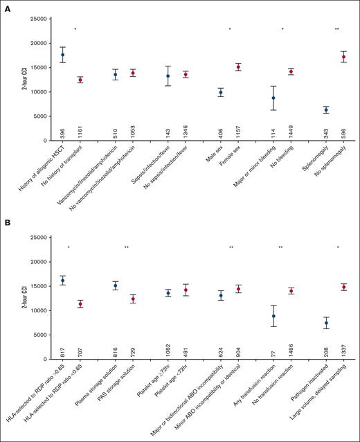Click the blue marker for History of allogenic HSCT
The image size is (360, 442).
point(63,55)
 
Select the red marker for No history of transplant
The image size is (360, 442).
point(80,80)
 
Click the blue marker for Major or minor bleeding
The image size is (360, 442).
point(273,98)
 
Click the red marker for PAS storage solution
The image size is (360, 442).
point(133,299)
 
